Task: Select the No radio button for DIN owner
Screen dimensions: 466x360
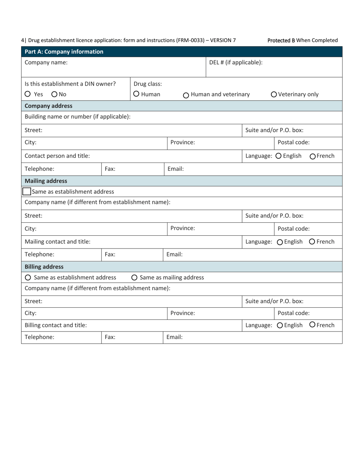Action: [x=54, y=94]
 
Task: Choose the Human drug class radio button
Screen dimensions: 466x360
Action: [x=137, y=94]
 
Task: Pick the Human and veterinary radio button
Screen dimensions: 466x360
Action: [x=186, y=95]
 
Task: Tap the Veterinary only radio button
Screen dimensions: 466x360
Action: [x=274, y=95]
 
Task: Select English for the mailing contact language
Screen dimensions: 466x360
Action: [x=280, y=242]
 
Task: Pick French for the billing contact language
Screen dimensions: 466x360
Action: [x=312, y=325]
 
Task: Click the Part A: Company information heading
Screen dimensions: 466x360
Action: [x=64, y=52]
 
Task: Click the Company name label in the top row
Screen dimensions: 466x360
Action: [x=46, y=63]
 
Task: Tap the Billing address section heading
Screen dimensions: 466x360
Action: [x=44, y=267]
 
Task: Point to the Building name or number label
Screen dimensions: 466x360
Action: [x=77, y=116]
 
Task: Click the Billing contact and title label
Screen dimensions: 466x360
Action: [x=55, y=325]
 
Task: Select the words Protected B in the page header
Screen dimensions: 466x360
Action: [x=281, y=40]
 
